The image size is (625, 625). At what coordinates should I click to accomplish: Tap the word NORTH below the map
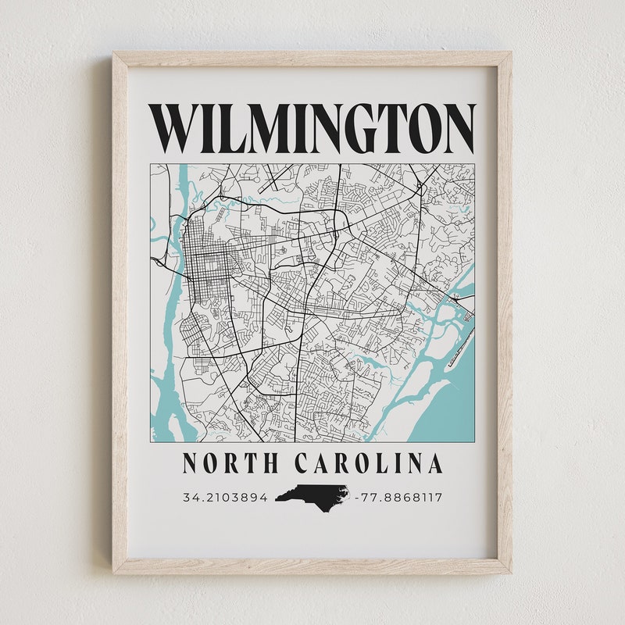point(230,464)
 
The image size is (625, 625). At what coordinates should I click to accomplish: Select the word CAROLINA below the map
point(368,464)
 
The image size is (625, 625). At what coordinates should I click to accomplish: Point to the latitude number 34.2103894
point(226,497)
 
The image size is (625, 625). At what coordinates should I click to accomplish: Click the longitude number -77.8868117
point(398,497)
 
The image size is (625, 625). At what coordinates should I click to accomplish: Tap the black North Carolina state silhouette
point(312,495)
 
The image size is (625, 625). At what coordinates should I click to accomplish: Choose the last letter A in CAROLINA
point(434,464)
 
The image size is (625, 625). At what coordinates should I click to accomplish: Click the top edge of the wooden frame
point(312,59)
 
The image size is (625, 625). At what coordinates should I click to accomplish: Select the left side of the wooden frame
point(120,312)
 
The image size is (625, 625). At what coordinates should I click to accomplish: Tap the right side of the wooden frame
point(504,312)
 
